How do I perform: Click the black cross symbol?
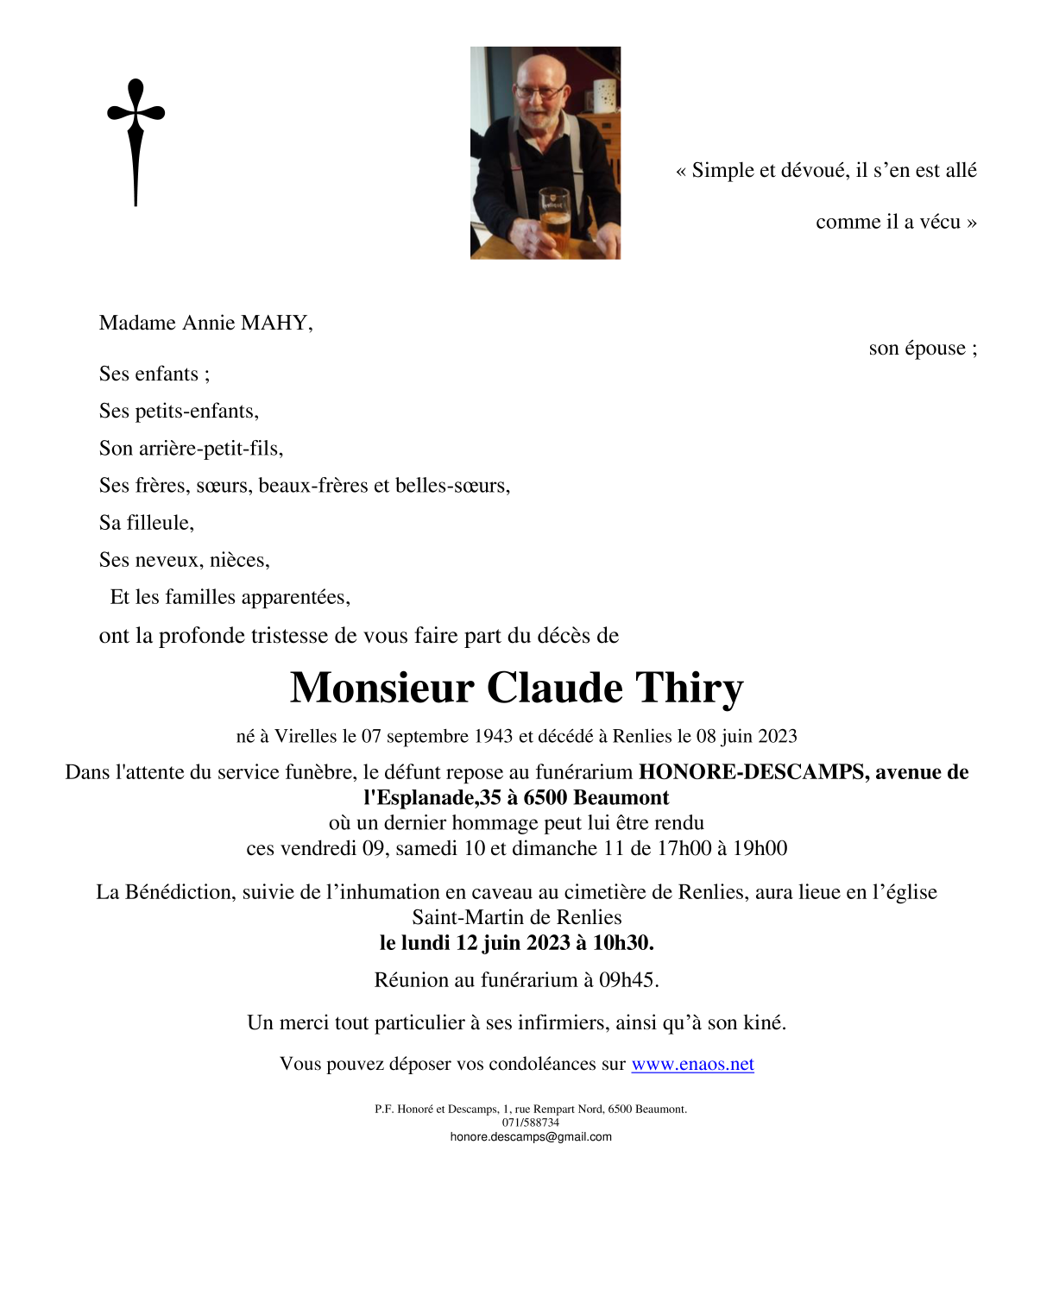(136, 138)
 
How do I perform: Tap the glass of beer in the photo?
(553, 220)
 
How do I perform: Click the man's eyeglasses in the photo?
(539, 91)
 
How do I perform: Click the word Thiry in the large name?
(689, 689)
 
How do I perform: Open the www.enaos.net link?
(692, 1064)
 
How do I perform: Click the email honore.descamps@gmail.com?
(531, 1137)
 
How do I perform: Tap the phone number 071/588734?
(531, 1123)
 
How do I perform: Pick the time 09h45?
(627, 980)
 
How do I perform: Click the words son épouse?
(922, 349)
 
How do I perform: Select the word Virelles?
(306, 737)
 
